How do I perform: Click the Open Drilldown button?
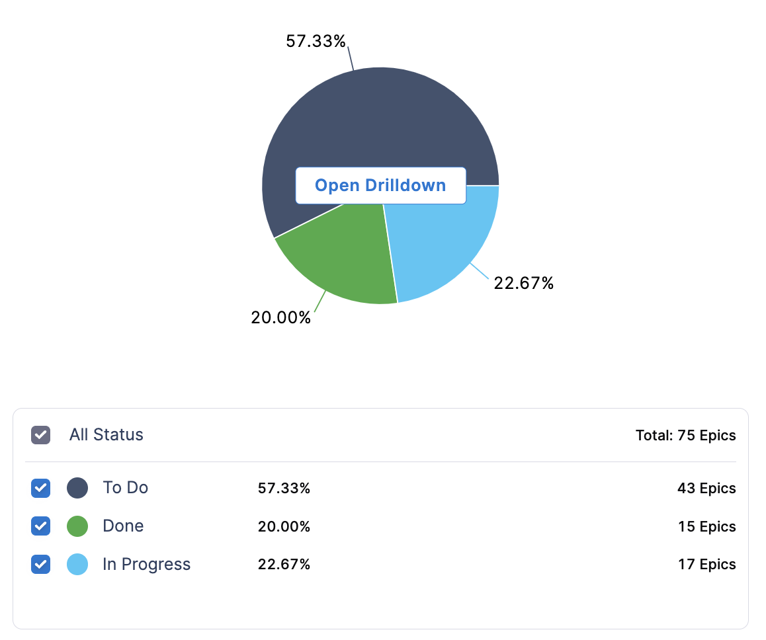point(380,185)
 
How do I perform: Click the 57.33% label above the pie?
point(316,41)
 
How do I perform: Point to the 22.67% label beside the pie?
point(523,284)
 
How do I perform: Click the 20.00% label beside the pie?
point(280,317)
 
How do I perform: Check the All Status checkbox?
point(41,435)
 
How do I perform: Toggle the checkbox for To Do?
point(41,489)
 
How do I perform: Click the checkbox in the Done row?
point(41,526)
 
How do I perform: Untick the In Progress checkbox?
point(41,565)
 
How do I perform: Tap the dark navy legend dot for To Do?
point(77,489)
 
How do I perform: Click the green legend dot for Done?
point(77,526)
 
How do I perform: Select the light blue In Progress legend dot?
point(77,565)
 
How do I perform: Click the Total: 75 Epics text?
point(685,436)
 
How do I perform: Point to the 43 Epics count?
point(706,489)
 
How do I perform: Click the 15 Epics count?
point(706,527)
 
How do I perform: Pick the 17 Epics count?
point(706,565)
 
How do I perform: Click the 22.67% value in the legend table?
point(283,565)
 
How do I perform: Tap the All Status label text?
point(106,435)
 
